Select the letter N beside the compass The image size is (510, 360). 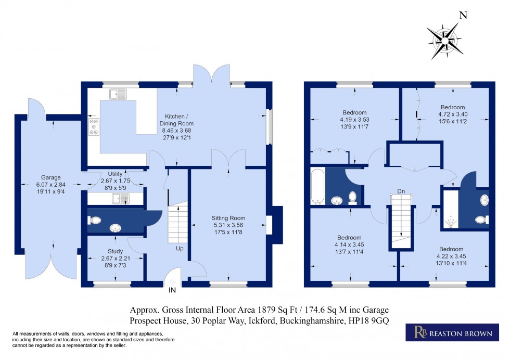[463, 15]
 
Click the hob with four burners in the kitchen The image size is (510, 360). [94, 127]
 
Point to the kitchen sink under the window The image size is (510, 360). [118, 94]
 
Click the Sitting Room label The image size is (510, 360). [228, 218]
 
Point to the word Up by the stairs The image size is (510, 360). [179, 249]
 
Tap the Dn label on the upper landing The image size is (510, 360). [401, 191]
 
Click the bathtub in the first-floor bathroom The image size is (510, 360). [317, 186]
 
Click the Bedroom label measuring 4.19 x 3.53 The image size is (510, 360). [354, 112]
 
